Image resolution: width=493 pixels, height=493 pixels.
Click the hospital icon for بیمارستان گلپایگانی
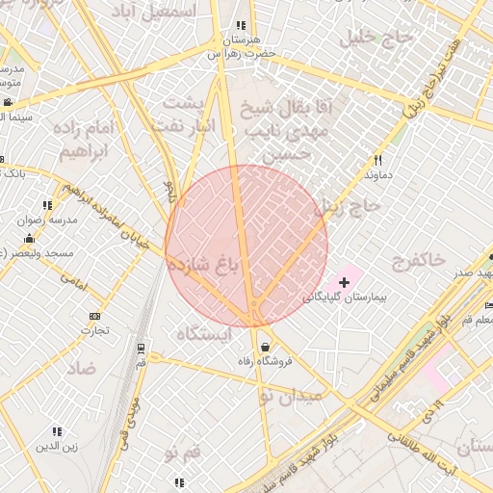click(x=345, y=281)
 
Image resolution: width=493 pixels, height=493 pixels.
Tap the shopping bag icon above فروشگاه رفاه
click(x=264, y=347)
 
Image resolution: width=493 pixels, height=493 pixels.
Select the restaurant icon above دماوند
click(x=378, y=161)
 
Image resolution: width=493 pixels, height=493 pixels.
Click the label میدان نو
click(x=285, y=394)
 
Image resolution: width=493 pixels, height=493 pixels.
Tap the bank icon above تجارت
click(x=94, y=316)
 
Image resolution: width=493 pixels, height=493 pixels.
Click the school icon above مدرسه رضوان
click(x=47, y=204)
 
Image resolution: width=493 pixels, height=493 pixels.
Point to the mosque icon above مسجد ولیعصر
click(x=29, y=238)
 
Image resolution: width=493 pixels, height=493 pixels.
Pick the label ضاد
click(x=82, y=368)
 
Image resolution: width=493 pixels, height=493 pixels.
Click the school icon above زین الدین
click(x=56, y=431)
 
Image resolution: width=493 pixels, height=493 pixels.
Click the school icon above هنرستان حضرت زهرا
click(x=240, y=26)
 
